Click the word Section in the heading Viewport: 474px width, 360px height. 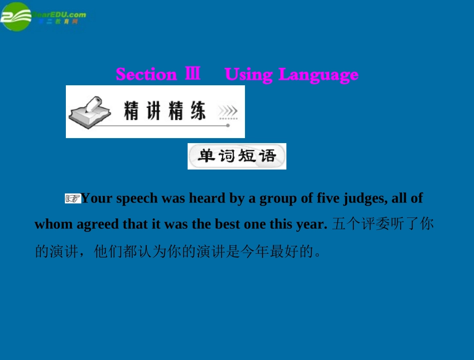(146, 74)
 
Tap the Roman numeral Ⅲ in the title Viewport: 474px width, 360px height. (193, 74)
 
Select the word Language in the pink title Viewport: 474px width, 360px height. (318, 75)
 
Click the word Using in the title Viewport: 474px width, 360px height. (248, 75)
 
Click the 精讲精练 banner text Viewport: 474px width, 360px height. (165, 111)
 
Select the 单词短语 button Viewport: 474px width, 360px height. (237, 156)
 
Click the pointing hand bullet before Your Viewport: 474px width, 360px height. (73, 199)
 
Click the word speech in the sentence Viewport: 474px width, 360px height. (135, 199)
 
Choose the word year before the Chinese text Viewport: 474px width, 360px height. (311, 224)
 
